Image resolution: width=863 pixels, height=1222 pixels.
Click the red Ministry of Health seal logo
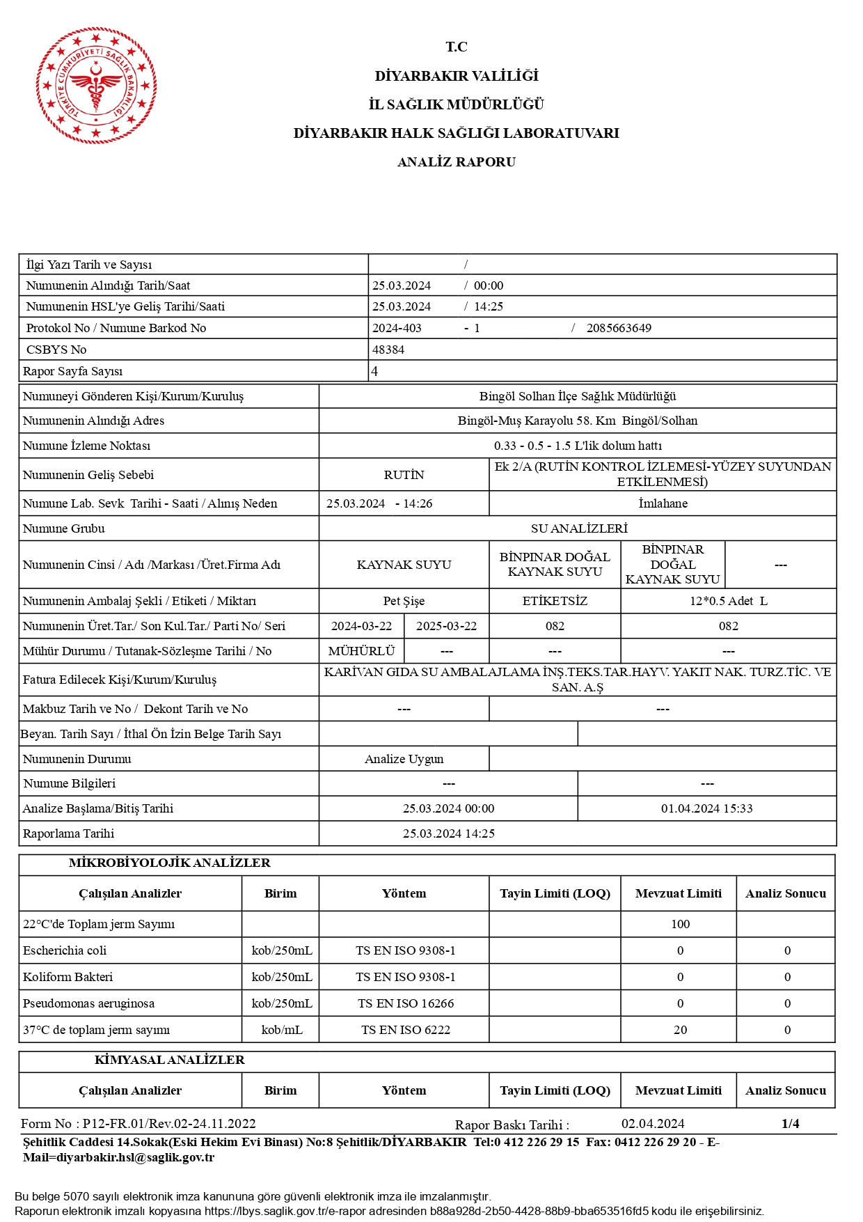tap(96, 85)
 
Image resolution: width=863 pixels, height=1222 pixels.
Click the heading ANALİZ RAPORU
tap(456, 162)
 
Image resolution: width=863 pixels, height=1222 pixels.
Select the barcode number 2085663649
tap(619, 328)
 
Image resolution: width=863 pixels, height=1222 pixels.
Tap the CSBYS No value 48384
tap(388, 350)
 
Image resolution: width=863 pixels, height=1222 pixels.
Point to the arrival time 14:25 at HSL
tap(489, 306)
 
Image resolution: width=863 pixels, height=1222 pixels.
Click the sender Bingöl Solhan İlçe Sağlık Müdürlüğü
tap(577, 396)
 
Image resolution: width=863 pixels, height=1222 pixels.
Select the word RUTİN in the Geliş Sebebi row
tap(404, 475)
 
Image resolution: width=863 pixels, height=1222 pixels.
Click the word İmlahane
tap(663, 503)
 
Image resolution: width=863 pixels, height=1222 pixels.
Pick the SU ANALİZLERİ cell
tap(578, 528)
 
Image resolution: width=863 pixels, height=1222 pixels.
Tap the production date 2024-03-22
tap(361, 626)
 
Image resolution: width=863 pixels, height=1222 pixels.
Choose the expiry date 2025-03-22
tap(446, 626)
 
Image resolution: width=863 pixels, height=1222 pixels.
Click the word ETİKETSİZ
tap(555, 601)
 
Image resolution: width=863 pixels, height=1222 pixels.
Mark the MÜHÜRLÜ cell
tap(361, 651)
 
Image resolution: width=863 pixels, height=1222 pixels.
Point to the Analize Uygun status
tap(404, 759)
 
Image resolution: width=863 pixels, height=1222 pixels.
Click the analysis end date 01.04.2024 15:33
tap(706, 808)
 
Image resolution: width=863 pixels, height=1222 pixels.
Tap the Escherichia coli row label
tap(65, 950)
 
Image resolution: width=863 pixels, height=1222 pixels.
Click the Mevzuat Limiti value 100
tap(680, 924)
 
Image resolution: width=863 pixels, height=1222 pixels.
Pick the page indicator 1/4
tap(790, 1123)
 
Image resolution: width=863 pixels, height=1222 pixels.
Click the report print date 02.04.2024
tap(652, 1123)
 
